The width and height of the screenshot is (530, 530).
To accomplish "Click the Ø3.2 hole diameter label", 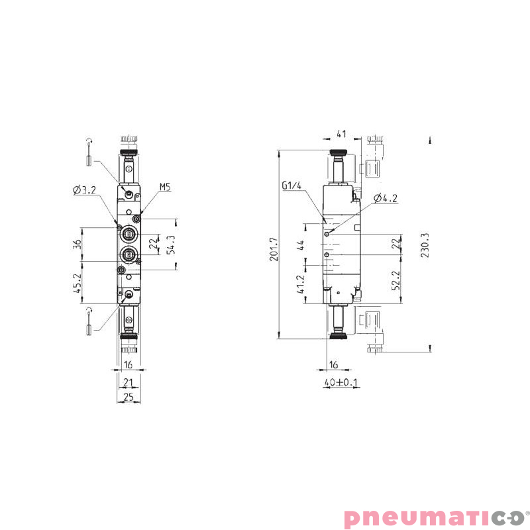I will click(85, 190).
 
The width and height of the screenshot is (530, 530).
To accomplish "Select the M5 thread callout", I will click(165, 187).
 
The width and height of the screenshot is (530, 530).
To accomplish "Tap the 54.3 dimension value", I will click(170, 244).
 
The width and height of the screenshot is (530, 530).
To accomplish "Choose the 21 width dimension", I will click(129, 382).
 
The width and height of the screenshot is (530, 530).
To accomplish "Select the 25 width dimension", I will click(129, 397).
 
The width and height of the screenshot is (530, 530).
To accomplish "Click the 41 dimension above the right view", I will click(341, 134).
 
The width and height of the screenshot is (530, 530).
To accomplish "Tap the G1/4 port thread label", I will click(291, 186).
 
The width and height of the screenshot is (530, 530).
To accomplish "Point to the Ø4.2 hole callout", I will click(385, 198).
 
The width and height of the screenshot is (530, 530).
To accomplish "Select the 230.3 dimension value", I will click(425, 244).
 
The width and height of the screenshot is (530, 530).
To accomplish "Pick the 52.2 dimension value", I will click(396, 280).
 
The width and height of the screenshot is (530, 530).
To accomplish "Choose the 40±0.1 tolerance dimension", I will click(341, 383).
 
